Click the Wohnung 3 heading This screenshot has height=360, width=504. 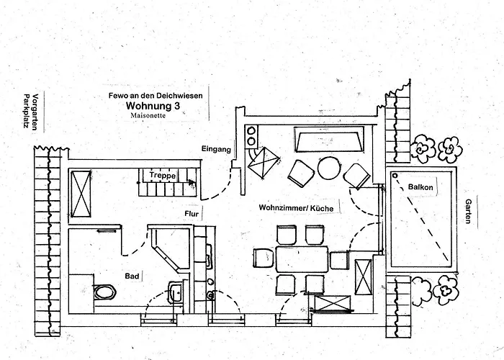click(153, 105)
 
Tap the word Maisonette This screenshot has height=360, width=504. click(148, 115)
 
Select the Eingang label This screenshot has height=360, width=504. click(216, 149)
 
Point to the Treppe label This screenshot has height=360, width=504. click(163, 175)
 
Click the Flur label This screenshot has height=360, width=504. click(192, 214)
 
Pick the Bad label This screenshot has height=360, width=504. click(132, 276)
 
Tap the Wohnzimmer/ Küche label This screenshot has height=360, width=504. click(296, 208)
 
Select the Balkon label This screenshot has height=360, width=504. click(420, 187)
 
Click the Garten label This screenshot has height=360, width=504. click(469, 211)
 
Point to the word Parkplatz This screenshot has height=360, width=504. click(27, 111)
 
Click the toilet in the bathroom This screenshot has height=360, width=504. click(105, 292)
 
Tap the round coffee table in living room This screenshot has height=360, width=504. click(329, 168)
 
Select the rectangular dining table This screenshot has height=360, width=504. click(302, 259)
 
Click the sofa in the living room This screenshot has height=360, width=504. click(329, 139)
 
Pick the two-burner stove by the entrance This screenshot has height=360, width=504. click(251, 137)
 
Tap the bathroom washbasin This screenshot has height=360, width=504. click(175, 292)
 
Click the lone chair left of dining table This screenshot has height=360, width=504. click(264, 258)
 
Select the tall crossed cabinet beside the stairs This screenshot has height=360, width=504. click(81, 194)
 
